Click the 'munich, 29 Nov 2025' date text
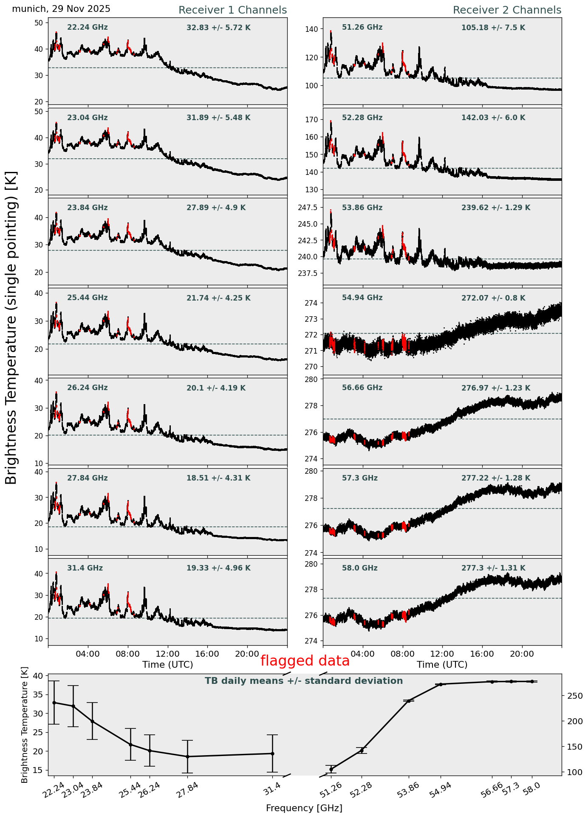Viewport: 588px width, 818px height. point(61,9)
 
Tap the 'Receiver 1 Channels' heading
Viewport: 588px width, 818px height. point(232,10)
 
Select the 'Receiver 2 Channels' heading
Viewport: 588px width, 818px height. point(507,10)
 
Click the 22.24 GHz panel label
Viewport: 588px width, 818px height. point(88,28)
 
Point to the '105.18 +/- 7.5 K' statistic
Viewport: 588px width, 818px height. point(493,28)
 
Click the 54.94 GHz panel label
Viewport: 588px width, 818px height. point(362,298)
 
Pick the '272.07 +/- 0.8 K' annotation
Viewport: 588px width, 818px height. point(493,298)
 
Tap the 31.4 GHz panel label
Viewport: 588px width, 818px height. point(85,568)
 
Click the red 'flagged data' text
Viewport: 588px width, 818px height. point(305,661)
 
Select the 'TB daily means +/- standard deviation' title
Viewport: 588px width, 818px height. point(304,681)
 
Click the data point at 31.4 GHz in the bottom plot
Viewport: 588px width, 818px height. point(272,753)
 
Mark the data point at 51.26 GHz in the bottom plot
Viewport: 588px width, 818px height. point(331,769)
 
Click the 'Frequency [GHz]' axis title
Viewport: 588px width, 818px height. point(304,808)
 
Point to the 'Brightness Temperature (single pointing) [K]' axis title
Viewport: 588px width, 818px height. point(11,328)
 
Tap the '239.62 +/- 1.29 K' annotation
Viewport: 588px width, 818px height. point(495,208)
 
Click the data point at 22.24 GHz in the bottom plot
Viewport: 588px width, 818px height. point(54,703)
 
